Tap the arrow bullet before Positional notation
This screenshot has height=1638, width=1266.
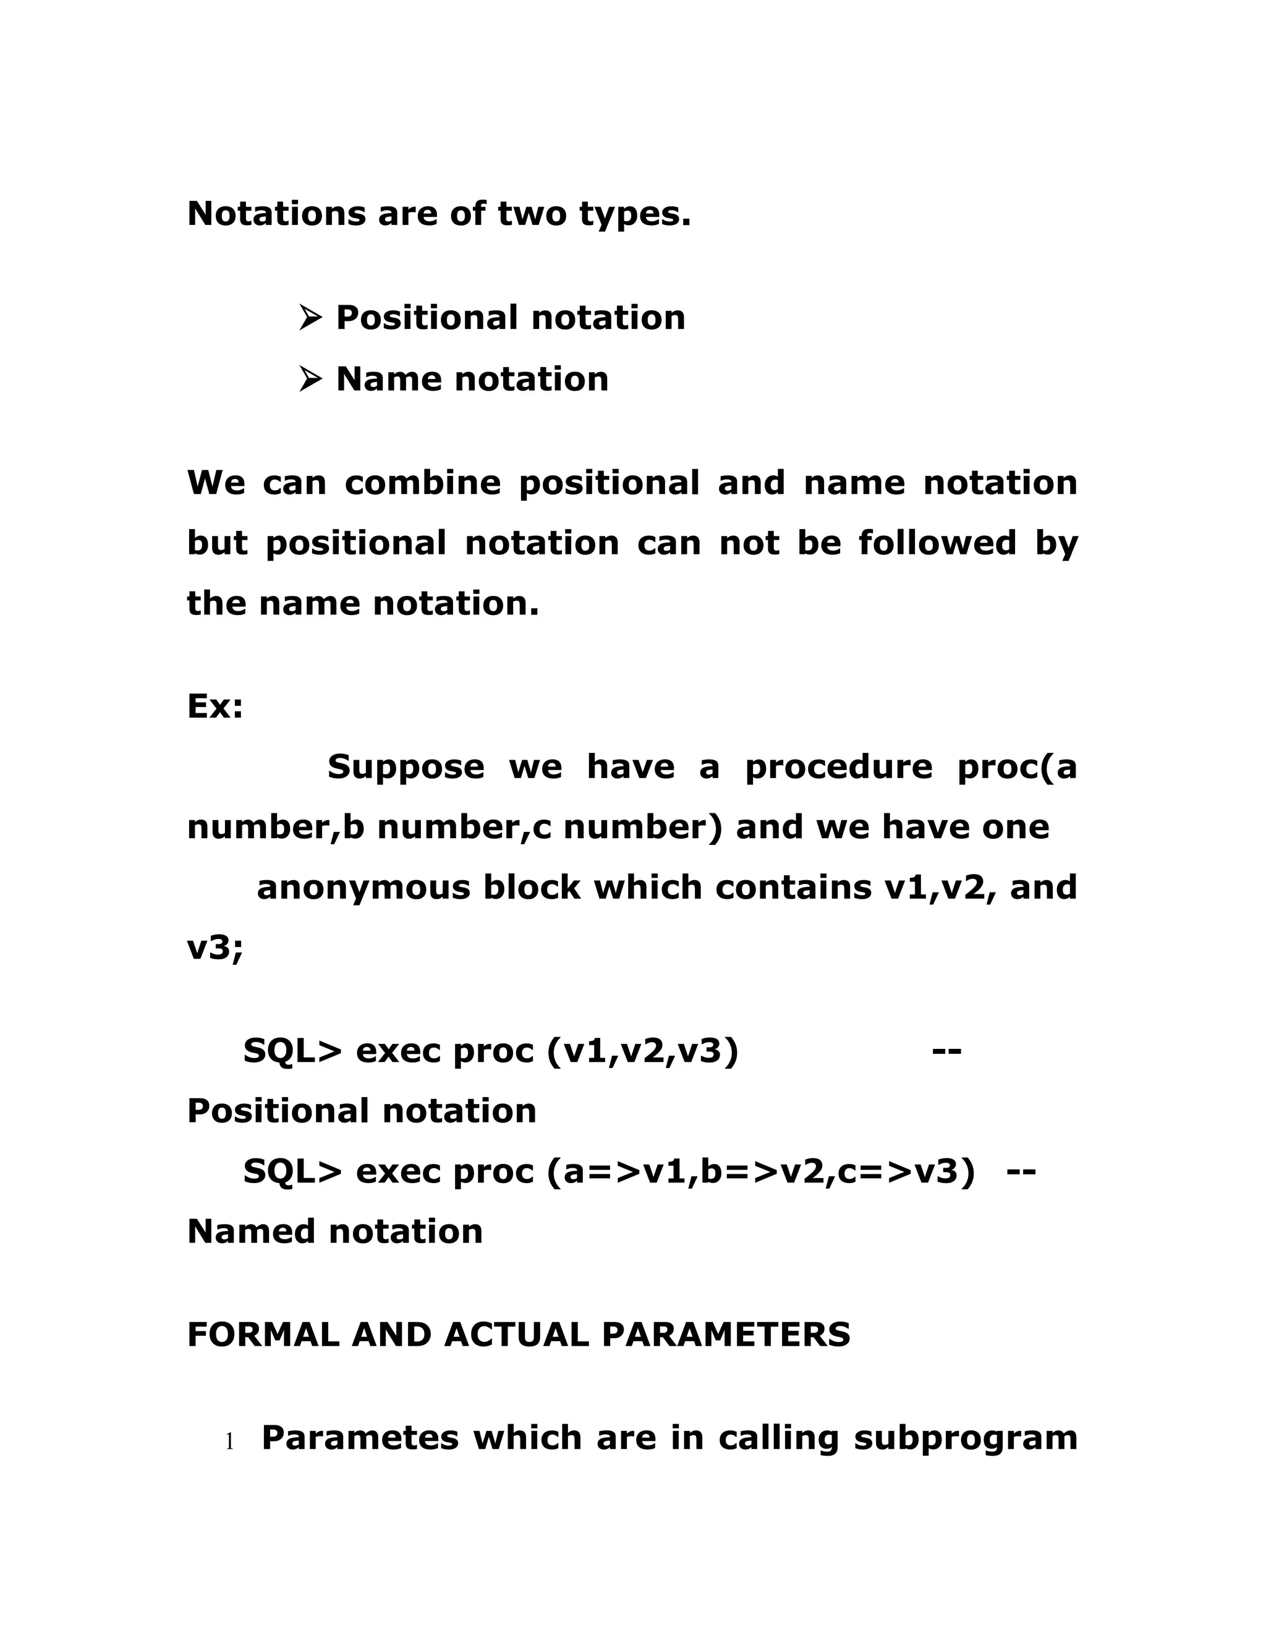point(310,318)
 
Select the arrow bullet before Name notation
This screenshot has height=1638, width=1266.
point(310,380)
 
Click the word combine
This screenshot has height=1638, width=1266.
point(422,482)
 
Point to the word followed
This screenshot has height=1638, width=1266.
point(937,543)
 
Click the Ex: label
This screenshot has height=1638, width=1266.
point(215,706)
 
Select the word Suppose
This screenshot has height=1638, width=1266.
point(406,766)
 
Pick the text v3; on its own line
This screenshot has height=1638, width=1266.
point(215,948)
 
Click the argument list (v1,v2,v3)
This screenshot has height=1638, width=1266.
point(643,1051)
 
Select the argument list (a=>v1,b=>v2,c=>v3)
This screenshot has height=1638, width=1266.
point(761,1172)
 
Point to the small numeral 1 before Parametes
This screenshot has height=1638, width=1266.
point(229,1441)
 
